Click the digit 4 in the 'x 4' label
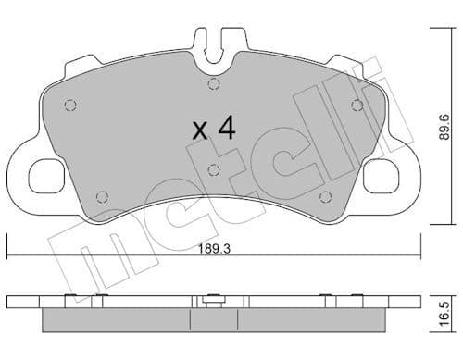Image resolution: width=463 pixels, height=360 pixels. click(x=226, y=129)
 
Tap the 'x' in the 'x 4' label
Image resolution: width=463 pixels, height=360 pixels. click(x=199, y=130)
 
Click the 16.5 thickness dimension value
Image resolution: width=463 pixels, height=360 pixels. click(x=445, y=308)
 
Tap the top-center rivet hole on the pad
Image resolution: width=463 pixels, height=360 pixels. click(x=214, y=86)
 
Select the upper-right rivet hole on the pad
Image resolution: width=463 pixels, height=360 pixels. click(x=357, y=105)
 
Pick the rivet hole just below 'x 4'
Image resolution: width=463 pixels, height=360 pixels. click(x=214, y=168)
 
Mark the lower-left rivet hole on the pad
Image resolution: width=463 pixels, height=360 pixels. click(x=103, y=195)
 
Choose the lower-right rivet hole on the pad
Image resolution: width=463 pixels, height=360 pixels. click(x=325, y=195)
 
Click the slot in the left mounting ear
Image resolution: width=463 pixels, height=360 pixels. click(x=45, y=177)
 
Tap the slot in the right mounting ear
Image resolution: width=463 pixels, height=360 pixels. click(x=382, y=177)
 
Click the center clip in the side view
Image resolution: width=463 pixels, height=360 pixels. click(x=214, y=299)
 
